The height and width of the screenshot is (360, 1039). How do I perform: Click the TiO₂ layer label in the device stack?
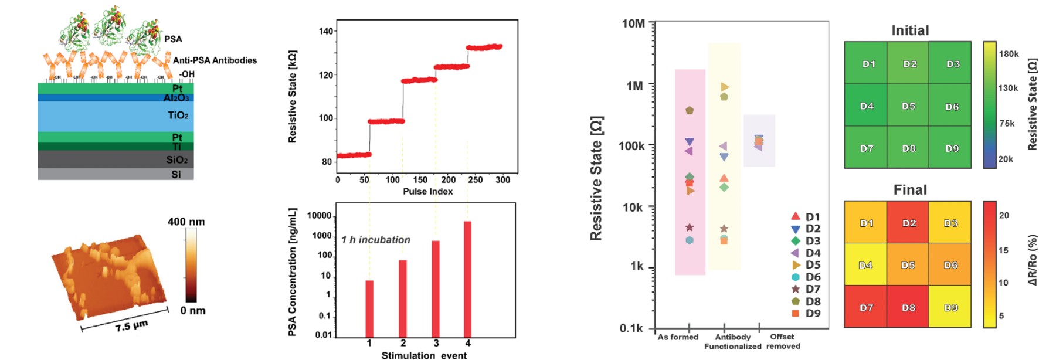pyautogui.click(x=178, y=116)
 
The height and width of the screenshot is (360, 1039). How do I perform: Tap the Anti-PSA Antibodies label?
pyautogui.click(x=215, y=60)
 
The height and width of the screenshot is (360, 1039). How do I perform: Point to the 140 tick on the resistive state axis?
pyautogui.click(x=326, y=31)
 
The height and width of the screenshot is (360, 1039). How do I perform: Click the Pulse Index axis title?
pyautogui.click(x=427, y=191)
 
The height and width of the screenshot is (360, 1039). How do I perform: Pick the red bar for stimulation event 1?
pyautogui.click(x=369, y=309)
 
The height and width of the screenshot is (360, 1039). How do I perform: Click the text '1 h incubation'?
pyautogui.click(x=376, y=240)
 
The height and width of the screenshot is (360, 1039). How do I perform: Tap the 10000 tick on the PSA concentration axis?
pyautogui.click(x=319, y=216)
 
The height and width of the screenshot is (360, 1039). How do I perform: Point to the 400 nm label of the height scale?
pyautogui.click(x=186, y=222)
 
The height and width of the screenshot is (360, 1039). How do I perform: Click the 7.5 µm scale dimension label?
pyautogui.click(x=131, y=325)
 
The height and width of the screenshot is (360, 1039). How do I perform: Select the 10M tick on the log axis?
pyautogui.click(x=633, y=23)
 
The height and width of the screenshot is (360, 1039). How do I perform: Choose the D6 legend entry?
pyautogui.click(x=806, y=277)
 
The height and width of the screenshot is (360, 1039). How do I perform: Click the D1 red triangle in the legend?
pyautogui.click(x=796, y=216)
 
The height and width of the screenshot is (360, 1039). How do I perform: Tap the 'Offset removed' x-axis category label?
pyautogui.click(x=783, y=341)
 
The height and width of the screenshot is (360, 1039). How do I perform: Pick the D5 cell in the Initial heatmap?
pyautogui.click(x=908, y=106)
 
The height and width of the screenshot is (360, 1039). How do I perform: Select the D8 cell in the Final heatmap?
pyautogui.click(x=908, y=307)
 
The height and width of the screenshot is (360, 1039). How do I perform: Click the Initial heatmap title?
pyautogui.click(x=910, y=30)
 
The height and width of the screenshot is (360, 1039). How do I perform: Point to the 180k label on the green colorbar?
pyautogui.click(x=1009, y=54)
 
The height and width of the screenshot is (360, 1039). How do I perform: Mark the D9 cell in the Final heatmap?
pyautogui.click(x=950, y=307)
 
